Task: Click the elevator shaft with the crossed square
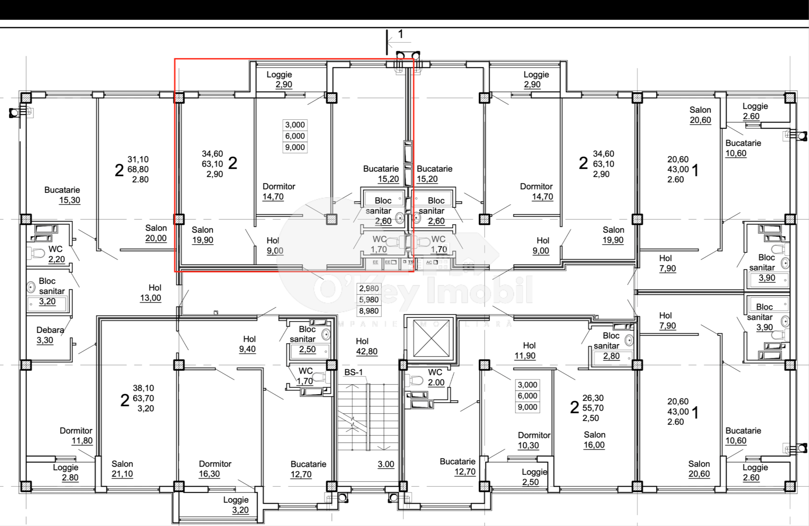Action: point(431,338)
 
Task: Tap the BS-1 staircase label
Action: point(353,372)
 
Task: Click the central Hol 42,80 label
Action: point(367,346)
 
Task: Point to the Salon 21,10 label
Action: point(122,469)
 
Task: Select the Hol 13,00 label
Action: point(151,293)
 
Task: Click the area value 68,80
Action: point(138,169)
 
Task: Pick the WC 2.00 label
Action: point(436,377)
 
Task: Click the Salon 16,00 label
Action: point(594,439)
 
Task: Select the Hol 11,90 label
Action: point(525,350)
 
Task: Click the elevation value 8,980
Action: point(369,311)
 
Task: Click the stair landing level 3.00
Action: point(386,464)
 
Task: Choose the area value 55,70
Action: point(593,408)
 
